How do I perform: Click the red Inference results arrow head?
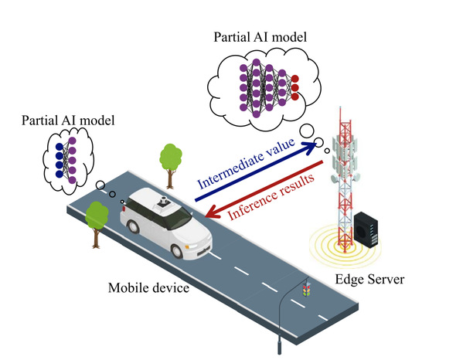coord(213,212)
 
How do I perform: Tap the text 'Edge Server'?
coord(369,279)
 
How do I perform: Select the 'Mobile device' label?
coord(148,288)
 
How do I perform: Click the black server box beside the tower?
coord(366,229)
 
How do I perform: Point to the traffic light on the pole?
coord(307,289)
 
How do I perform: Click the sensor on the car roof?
coord(163,202)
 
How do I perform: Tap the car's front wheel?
coord(177,251)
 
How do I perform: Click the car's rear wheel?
coord(134,226)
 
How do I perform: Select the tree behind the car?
coord(170,165)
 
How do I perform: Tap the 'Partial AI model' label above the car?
coord(68,121)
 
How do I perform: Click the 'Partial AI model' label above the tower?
coord(260,37)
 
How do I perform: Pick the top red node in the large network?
coord(294,79)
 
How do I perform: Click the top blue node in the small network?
coord(60,147)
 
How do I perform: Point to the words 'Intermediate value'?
coord(247,164)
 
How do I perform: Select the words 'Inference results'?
coord(271,197)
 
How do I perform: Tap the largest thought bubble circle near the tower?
coord(307,131)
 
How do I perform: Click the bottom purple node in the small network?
coord(72,180)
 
